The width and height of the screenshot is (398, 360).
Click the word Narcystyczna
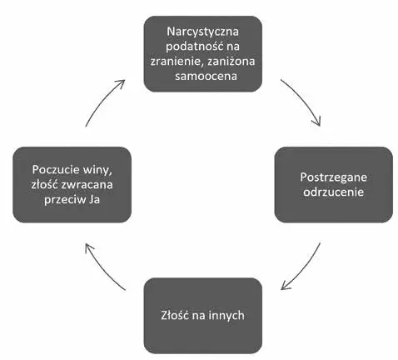(202, 32)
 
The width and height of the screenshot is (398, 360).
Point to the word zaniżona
(231, 61)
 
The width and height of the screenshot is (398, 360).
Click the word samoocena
(206, 76)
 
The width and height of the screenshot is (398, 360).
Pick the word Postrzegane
(333, 177)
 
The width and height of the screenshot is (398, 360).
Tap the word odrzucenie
(333, 192)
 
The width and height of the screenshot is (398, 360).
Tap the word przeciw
(65, 200)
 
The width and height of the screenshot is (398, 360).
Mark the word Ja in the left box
(94, 200)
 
